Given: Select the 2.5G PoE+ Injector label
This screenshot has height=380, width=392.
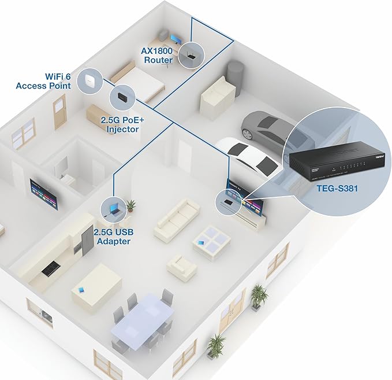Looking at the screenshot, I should [x=122, y=125].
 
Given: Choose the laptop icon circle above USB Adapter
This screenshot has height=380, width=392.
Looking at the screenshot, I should [x=112, y=208].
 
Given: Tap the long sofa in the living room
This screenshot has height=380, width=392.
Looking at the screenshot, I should [x=177, y=219].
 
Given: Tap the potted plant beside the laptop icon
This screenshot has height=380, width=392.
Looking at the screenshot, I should [x=132, y=205].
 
